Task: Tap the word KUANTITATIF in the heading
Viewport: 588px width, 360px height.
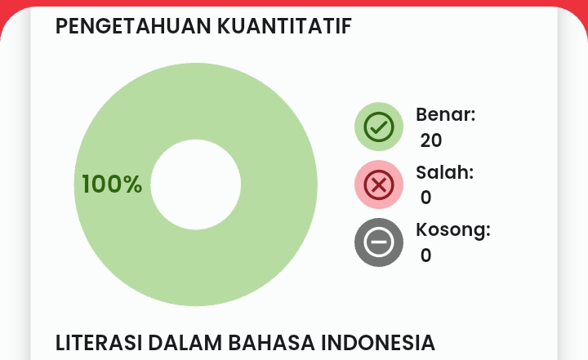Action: (284, 26)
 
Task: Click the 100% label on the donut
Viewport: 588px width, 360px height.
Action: (112, 184)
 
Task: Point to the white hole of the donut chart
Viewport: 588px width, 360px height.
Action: (196, 184)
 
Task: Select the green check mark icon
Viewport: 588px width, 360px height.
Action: (378, 127)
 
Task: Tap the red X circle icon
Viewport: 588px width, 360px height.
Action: (378, 185)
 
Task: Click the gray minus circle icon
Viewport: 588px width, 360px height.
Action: (378, 242)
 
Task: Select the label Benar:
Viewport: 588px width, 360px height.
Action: (445, 114)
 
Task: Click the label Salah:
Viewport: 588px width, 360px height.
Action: (444, 172)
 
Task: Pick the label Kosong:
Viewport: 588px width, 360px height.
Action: (452, 230)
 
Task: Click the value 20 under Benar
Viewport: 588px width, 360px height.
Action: (431, 140)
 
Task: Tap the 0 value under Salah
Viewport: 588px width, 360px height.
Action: (425, 198)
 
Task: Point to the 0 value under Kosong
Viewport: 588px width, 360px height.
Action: (425, 256)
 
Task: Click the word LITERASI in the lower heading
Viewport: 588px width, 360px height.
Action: (93, 342)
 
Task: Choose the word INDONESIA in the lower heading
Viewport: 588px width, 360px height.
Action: (377, 342)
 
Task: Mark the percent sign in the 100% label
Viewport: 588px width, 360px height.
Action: (133, 184)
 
